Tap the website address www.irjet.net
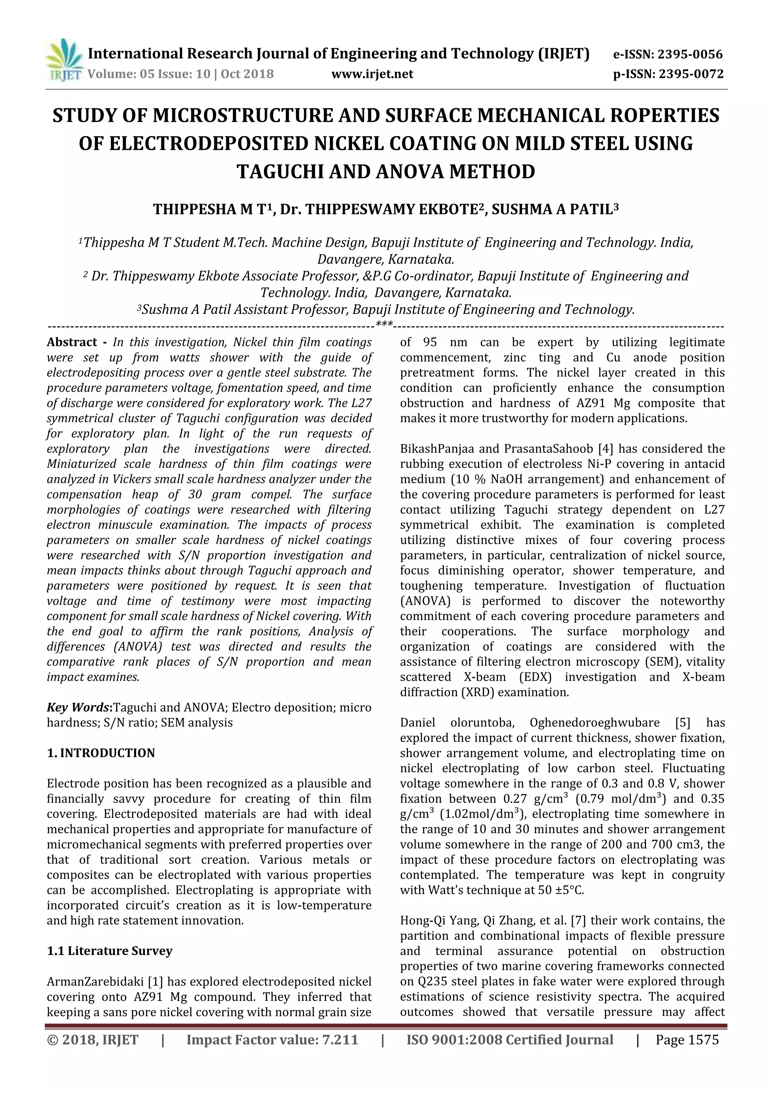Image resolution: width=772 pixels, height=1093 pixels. point(372,74)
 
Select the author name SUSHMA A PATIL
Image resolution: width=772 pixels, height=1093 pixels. point(554,209)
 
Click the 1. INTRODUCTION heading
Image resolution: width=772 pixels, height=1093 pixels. point(101,753)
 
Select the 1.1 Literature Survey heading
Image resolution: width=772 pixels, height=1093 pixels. point(109,951)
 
